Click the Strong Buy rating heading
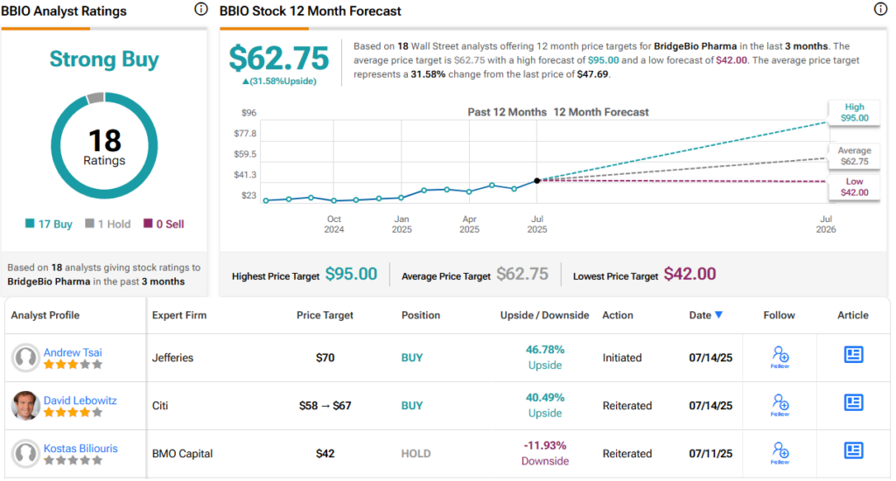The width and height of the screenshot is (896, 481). pyautogui.click(x=104, y=59)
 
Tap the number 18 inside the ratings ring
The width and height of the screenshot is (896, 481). pyautogui.click(x=104, y=140)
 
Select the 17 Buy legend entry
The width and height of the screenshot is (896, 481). pyautogui.click(x=51, y=224)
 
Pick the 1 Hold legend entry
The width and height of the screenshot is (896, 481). pyautogui.click(x=108, y=224)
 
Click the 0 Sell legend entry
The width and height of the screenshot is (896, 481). pyautogui.click(x=163, y=224)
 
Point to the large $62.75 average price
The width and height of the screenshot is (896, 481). pyautogui.click(x=278, y=59)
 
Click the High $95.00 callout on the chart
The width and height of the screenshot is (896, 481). pyautogui.click(x=853, y=112)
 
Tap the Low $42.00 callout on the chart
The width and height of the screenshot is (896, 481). pyautogui.click(x=853, y=187)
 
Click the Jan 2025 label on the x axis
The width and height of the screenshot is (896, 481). pyautogui.click(x=402, y=224)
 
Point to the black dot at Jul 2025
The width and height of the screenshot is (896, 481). pyautogui.click(x=536, y=180)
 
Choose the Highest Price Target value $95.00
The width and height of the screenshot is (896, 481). pyautogui.click(x=351, y=275)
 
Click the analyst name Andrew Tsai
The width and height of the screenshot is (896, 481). pyautogui.click(x=74, y=352)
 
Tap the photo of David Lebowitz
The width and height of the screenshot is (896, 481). pyautogui.click(x=26, y=405)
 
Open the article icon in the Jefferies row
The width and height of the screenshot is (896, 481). pyautogui.click(x=853, y=355)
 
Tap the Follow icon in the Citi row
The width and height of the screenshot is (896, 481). pyautogui.click(x=780, y=404)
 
